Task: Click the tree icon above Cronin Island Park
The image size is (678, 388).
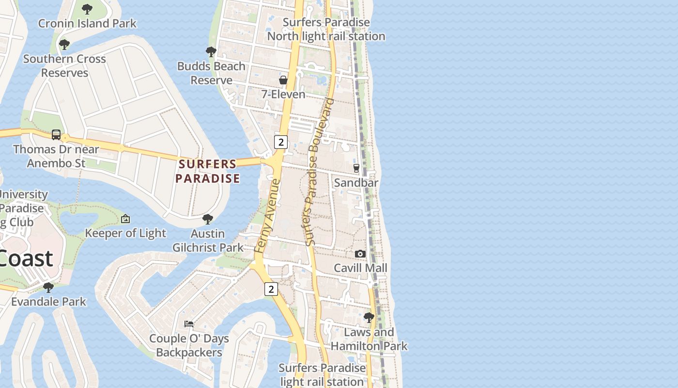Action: [x=87, y=9]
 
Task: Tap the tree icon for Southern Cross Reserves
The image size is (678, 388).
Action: [x=64, y=45]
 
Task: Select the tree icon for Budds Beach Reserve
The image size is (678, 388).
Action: [x=211, y=51]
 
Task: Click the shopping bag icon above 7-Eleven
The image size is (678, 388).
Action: [x=283, y=80]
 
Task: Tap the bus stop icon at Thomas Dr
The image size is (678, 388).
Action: [x=56, y=134]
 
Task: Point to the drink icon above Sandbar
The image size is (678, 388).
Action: [x=356, y=168]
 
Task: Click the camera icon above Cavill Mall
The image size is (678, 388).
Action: [x=360, y=254]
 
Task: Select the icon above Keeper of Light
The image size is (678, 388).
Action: [x=125, y=219]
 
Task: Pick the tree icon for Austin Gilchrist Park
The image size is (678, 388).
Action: [x=208, y=219]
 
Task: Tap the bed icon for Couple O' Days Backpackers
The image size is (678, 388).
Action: [x=189, y=323]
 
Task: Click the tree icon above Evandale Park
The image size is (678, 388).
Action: [x=48, y=287]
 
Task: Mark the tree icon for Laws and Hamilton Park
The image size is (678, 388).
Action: [x=369, y=318]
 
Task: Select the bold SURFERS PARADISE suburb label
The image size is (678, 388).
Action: [x=208, y=171]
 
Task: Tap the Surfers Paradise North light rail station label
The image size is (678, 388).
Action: [x=326, y=29]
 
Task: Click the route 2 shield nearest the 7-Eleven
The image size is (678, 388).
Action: [x=280, y=142]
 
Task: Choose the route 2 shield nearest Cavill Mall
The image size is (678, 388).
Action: [x=271, y=289]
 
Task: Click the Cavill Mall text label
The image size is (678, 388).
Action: [x=360, y=268]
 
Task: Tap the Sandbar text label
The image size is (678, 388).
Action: [x=356, y=182]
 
